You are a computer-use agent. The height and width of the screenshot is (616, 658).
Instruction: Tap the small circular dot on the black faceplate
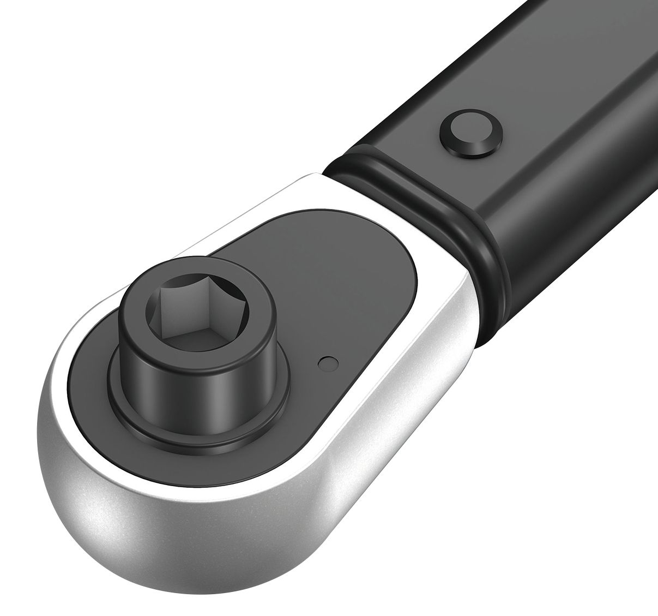click(327, 363)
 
